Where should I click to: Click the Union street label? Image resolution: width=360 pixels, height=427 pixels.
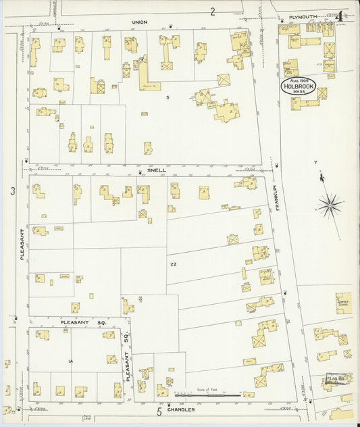point(139,22)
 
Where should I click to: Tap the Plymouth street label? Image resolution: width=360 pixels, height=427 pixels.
point(303,17)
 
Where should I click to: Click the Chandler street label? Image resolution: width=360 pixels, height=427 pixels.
point(181,409)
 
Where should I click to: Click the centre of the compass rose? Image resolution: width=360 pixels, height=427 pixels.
point(330,205)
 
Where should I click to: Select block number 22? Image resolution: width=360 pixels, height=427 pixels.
point(174,264)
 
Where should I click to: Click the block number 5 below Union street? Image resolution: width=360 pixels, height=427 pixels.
point(168,97)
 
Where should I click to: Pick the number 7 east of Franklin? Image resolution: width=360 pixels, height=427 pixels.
point(315,163)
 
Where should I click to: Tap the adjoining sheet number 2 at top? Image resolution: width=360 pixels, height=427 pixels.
point(212,11)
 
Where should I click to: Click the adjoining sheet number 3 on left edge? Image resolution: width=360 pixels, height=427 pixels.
point(13,192)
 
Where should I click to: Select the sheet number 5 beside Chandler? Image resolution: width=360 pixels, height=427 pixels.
point(160,411)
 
